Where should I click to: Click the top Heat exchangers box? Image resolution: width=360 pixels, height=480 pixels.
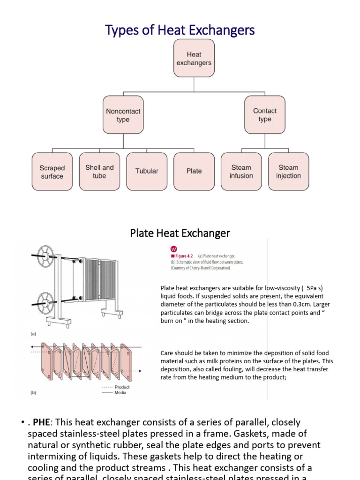click(194, 58)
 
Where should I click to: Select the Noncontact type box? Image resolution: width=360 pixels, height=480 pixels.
click(123, 115)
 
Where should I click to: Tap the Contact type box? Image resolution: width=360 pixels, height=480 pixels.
click(265, 115)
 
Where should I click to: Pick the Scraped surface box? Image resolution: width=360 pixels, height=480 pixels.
click(52, 172)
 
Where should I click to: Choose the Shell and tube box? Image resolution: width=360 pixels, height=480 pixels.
click(99, 172)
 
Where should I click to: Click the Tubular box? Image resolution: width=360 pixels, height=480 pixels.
click(147, 172)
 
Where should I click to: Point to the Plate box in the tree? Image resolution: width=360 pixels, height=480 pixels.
click(194, 172)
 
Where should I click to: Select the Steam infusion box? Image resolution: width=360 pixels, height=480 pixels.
click(241, 172)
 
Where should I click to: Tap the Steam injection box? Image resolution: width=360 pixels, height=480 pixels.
click(288, 172)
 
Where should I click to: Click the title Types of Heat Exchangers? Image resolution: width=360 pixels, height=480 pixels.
click(180, 30)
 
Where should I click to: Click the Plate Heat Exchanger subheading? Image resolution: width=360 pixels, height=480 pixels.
click(180, 233)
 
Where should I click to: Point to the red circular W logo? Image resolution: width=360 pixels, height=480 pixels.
click(174, 249)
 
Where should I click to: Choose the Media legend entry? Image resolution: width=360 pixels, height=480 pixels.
click(120, 393)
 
